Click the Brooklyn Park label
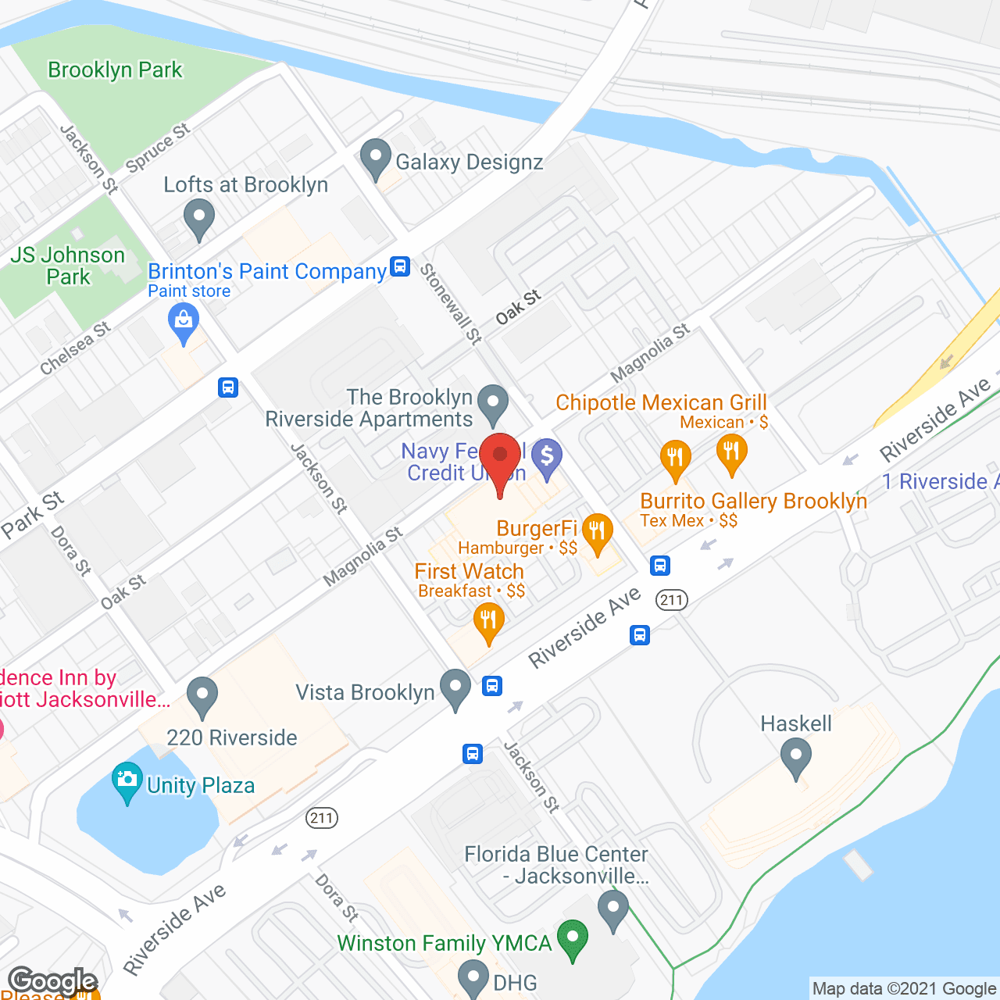(115, 70)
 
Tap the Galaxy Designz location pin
(376, 158)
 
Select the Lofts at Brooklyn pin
(199, 219)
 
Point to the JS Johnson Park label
(68, 266)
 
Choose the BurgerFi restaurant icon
(598, 534)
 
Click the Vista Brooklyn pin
(455, 688)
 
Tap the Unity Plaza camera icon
(127, 782)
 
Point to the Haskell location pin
(796, 759)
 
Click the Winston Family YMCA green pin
(573, 939)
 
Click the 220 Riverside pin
(202, 696)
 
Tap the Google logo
(52, 981)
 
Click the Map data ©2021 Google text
(904, 989)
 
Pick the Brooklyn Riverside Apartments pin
(493, 404)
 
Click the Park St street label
(32, 515)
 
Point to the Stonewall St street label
(452, 304)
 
